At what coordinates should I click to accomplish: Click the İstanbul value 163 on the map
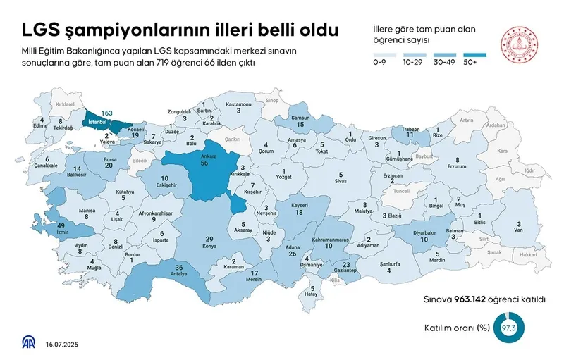(x=107, y=113)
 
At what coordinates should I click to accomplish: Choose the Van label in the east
(x=519, y=230)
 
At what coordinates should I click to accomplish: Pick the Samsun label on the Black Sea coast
(x=300, y=119)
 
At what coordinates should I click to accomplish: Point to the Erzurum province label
(x=457, y=167)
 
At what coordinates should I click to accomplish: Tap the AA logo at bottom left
(x=29, y=342)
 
